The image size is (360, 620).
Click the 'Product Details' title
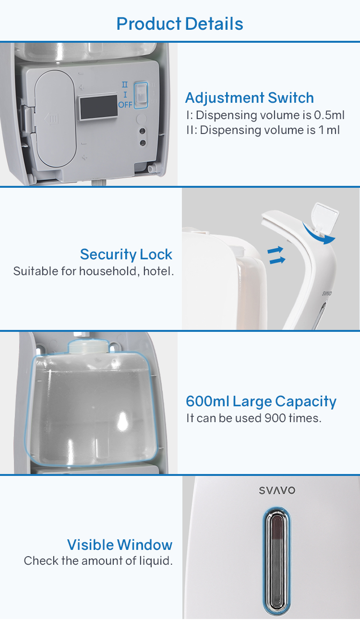(x=180, y=24)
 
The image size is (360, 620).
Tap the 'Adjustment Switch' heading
(x=250, y=97)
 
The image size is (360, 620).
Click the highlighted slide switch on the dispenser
(x=141, y=95)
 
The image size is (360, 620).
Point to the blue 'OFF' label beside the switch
(x=125, y=105)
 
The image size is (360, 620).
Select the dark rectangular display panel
(x=98, y=107)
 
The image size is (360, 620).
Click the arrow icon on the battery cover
(x=52, y=119)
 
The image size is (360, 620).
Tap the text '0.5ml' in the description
(x=329, y=115)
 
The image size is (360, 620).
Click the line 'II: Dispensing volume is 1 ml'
(x=263, y=130)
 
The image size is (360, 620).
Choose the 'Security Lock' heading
(x=126, y=255)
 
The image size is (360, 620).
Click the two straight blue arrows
(x=276, y=255)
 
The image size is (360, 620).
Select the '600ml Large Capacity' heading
(x=261, y=401)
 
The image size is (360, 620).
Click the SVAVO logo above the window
(x=277, y=490)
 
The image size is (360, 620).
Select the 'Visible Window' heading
(x=120, y=545)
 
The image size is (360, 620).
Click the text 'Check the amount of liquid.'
(x=98, y=561)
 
